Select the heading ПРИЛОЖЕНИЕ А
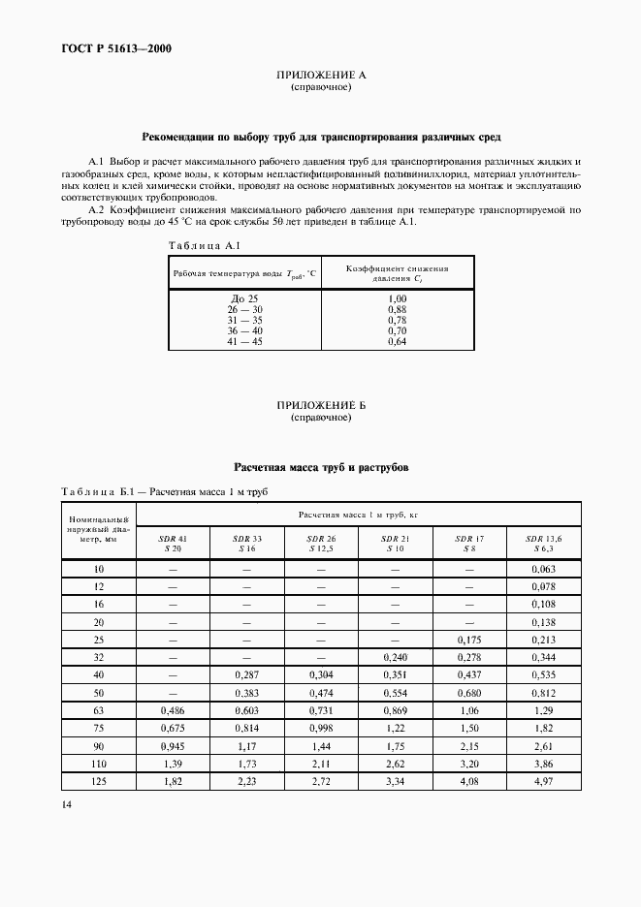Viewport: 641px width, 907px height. pos(320,76)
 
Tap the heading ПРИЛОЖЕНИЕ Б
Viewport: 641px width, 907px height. pos(320,406)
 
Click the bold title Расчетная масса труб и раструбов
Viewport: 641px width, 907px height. pos(320,467)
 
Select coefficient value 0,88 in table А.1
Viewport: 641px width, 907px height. pos(396,310)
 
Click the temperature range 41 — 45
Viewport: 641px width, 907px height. pos(244,341)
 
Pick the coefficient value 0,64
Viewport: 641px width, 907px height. pos(396,341)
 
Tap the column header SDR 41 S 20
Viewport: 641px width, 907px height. pos(170,543)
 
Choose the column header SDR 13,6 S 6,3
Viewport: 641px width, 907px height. pos(543,543)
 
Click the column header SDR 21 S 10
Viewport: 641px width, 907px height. pos(396,543)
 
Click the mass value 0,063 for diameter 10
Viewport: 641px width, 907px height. pos(543,571)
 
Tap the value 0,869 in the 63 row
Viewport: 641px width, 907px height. pos(396,711)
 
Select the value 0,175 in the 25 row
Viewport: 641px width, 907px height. pos(469,641)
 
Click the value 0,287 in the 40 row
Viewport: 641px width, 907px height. pos(246,676)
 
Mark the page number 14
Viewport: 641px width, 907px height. pos(66,804)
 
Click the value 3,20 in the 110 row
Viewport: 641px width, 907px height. pos(469,766)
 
